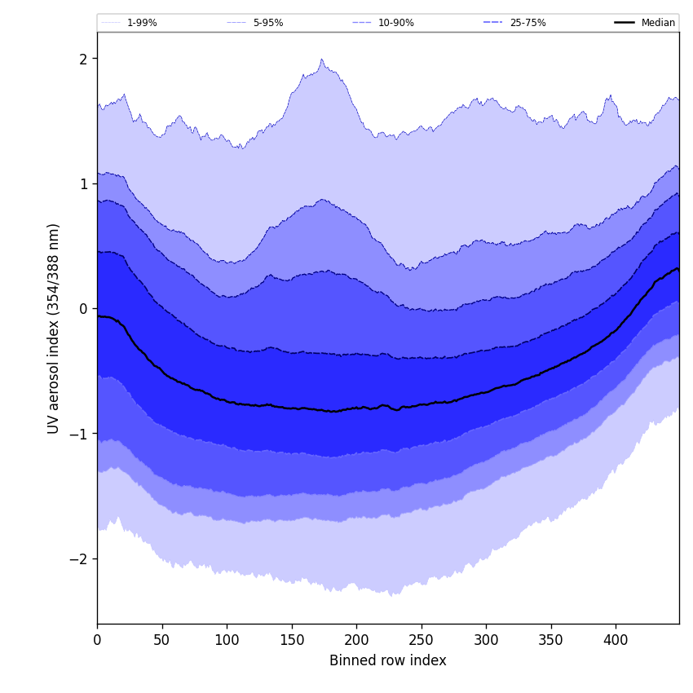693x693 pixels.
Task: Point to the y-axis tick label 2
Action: pyautogui.click(x=83, y=59)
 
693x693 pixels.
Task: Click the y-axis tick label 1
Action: pyautogui.click(x=83, y=183)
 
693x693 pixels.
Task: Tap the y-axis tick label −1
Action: pyautogui.click(x=80, y=434)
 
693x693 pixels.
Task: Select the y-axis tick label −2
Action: pyautogui.click(x=80, y=558)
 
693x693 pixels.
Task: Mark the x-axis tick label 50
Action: pyautogui.click(x=161, y=640)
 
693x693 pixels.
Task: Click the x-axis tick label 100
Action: pyautogui.click(x=227, y=640)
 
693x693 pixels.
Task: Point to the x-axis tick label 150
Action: pyautogui.click(x=291, y=640)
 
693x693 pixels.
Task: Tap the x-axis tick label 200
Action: pyautogui.click(x=356, y=640)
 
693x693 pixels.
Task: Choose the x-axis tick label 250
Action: pyautogui.click(x=421, y=640)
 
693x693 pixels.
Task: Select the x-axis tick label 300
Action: pyautogui.click(x=486, y=640)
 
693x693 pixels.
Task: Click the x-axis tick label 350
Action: pyautogui.click(x=550, y=640)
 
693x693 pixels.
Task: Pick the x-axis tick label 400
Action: pyautogui.click(x=616, y=640)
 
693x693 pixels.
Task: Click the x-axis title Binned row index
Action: pyautogui.click(x=388, y=660)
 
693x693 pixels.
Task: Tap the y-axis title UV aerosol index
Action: pyautogui.click(x=54, y=328)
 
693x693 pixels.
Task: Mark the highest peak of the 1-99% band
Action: pyautogui.click(x=322, y=60)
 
